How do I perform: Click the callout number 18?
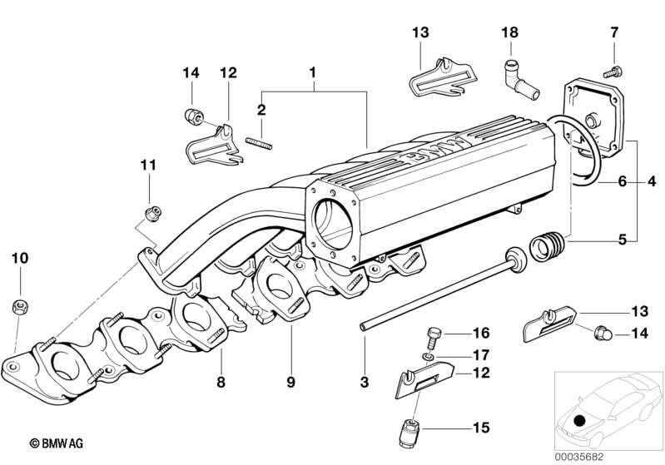pyautogui.click(x=509, y=32)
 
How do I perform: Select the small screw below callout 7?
pyautogui.click(x=613, y=72)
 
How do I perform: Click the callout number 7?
pyautogui.click(x=614, y=32)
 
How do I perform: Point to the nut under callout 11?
pyautogui.click(x=152, y=212)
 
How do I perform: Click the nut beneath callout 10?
pyautogui.click(x=20, y=306)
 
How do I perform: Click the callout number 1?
pyautogui.click(x=313, y=72)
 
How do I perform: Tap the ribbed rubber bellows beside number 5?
pyautogui.click(x=548, y=245)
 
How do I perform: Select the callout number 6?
pyautogui.click(x=623, y=181)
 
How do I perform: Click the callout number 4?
pyautogui.click(x=652, y=181)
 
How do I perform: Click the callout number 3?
pyautogui.click(x=365, y=382)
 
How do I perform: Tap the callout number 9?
pyautogui.click(x=290, y=382)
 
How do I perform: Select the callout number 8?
pyautogui.click(x=221, y=382)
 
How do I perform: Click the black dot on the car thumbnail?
pyautogui.click(x=579, y=421)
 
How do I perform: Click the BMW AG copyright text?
pyautogui.click(x=57, y=443)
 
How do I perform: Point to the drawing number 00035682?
pyautogui.click(x=579, y=457)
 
